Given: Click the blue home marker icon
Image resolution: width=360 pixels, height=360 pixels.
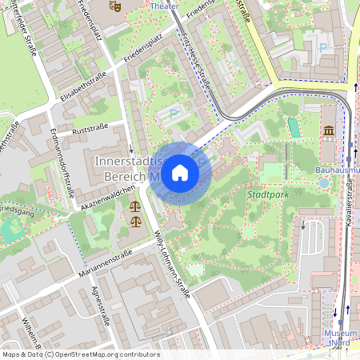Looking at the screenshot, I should (180, 172).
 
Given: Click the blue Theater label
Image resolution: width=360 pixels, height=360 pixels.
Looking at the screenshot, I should (165, 5).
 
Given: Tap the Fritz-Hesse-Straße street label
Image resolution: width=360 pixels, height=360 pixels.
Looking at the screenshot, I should (194, 62).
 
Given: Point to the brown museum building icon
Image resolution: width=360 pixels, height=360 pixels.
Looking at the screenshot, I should (329, 131).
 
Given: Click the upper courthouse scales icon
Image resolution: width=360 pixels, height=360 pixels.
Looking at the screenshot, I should (133, 206).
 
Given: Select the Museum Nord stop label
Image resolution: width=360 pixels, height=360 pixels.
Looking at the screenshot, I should (340, 337).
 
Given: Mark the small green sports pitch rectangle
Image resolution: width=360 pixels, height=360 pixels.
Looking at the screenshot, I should (294, 128).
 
